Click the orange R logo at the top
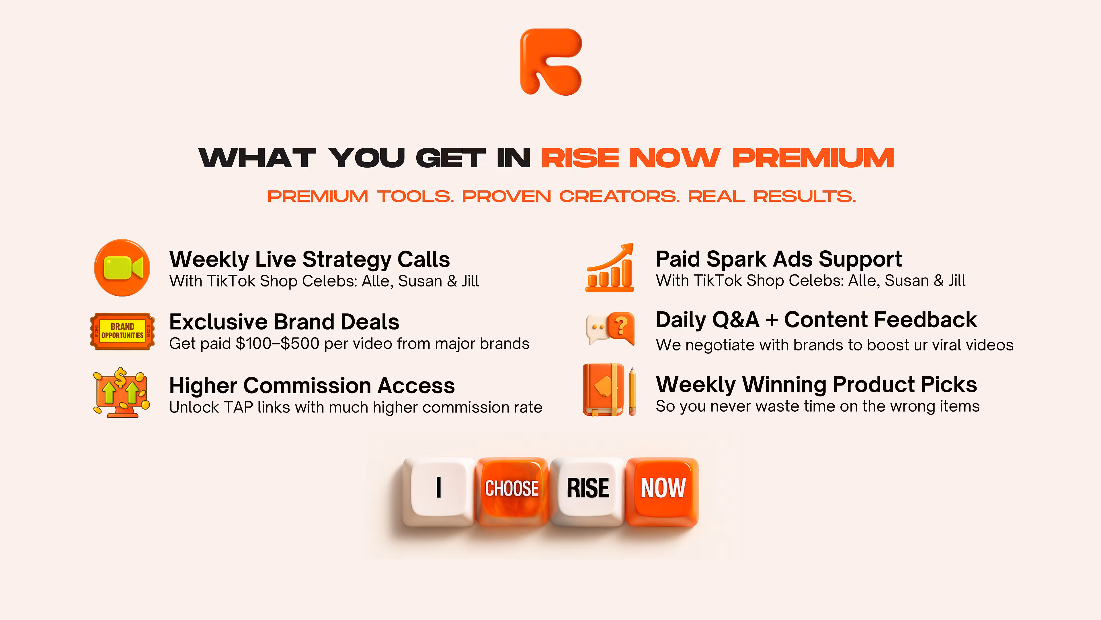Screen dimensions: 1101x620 pyautogui.click(x=551, y=62)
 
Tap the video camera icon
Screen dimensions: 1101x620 pyautogui.click(x=122, y=268)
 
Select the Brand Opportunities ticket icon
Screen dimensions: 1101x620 pyautogui.click(x=122, y=331)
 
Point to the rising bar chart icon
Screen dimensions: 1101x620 pyautogui.click(x=610, y=268)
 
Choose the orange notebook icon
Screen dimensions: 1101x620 pyautogui.click(x=603, y=390)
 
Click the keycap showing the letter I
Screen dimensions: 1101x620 pyautogui.click(x=438, y=491)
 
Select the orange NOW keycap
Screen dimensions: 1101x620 pyautogui.click(x=662, y=491)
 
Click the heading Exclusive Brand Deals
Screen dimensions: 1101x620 pyautogui.click(x=284, y=322)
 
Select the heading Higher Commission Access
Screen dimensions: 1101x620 pyautogui.click(x=312, y=385)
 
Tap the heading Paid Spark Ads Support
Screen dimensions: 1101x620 pyautogui.click(x=779, y=259)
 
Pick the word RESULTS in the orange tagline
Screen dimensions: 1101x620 pyautogui.click(x=805, y=196)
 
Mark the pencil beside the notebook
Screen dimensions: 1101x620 pyautogui.click(x=632, y=391)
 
